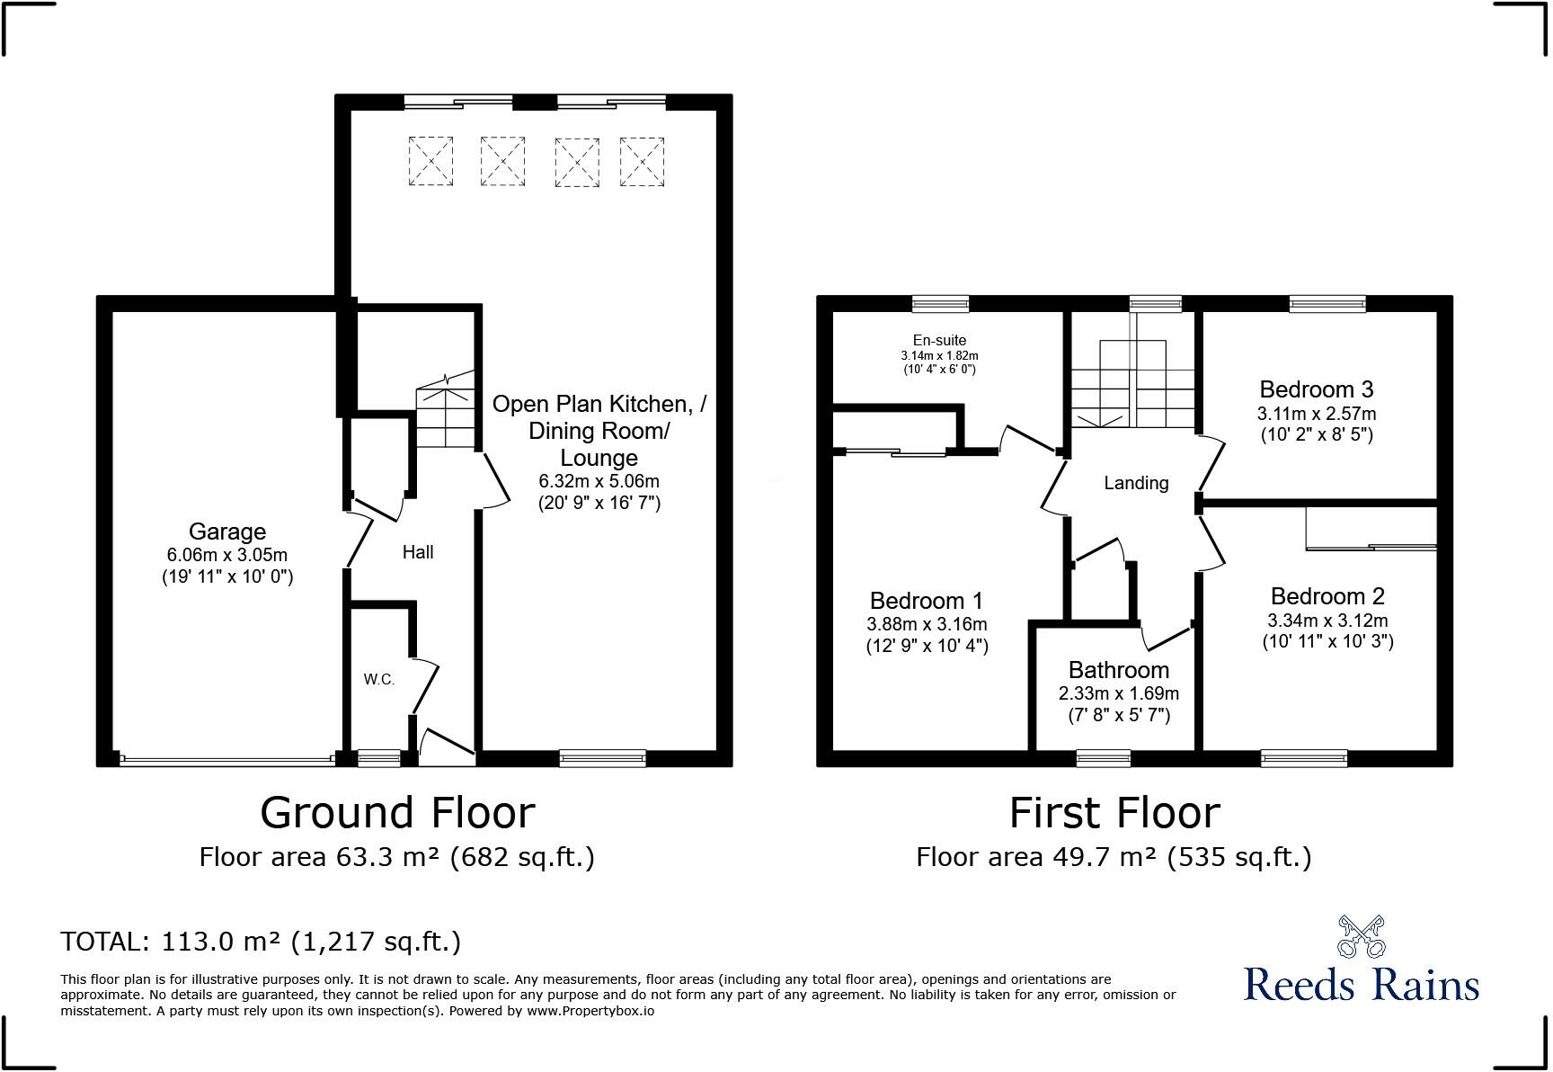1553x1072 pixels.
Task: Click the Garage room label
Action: [x=226, y=532]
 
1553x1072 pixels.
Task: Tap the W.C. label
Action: [x=379, y=680]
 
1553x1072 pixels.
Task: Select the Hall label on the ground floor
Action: [x=418, y=552]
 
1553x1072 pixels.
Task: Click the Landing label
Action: [x=1136, y=483]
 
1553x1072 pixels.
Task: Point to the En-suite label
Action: [x=939, y=340]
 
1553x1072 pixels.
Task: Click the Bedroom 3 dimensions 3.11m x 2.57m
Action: [x=1316, y=414]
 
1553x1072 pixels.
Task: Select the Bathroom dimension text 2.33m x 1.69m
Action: [x=1118, y=693]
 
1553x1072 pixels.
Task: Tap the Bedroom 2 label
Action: [x=1327, y=596]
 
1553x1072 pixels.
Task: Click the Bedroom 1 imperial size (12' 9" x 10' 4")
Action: [x=927, y=646]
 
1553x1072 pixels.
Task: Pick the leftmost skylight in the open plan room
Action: [x=430, y=161]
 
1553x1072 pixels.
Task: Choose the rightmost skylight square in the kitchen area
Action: [x=642, y=162]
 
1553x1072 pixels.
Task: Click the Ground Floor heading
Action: [x=397, y=813]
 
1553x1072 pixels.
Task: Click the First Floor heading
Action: [x=1114, y=813]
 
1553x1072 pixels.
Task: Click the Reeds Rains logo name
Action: [x=1361, y=984]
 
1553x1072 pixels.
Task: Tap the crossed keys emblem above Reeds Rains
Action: [x=1361, y=936]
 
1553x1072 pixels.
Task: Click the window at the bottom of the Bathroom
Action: [x=1103, y=758]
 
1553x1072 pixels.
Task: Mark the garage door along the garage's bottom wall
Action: [x=226, y=760]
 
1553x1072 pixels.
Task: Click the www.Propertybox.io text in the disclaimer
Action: [x=590, y=1011]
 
